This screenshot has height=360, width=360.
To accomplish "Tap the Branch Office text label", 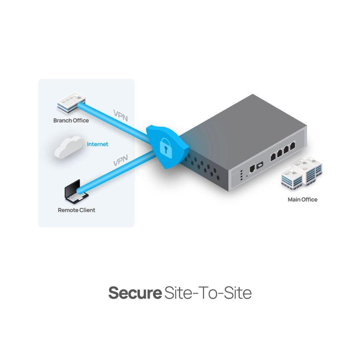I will tap(71, 120).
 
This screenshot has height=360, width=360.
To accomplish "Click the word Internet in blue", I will tap(98, 144).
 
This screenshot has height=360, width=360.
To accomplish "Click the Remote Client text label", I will tap(76, 210).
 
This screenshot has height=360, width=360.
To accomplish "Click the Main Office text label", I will tap(302, 200).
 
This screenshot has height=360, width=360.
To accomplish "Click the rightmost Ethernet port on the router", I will tap(293, 146).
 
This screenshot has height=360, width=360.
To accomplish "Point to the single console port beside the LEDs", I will tap(252, 168).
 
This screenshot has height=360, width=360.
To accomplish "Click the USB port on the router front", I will tap(260, 164).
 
